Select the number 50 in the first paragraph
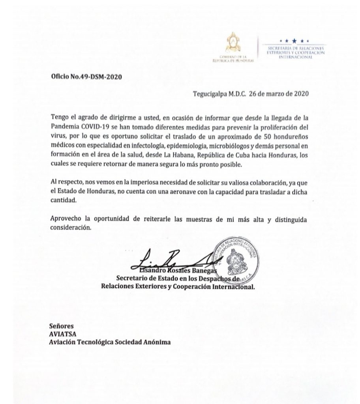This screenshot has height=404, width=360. click(264, 137)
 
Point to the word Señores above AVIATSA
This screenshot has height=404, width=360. click(62, 327)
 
